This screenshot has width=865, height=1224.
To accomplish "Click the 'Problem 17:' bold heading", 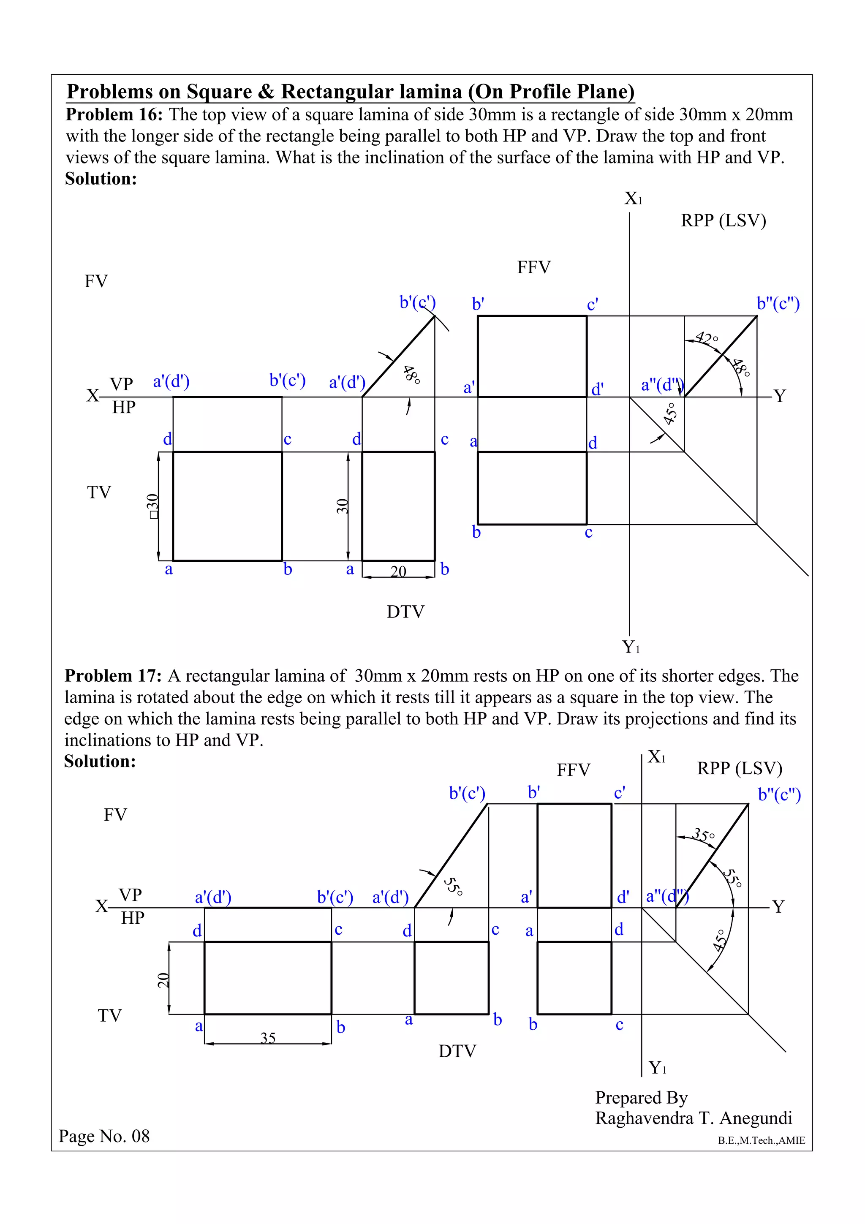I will coord(113,676).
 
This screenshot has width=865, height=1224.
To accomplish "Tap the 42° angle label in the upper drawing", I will coord(707,338).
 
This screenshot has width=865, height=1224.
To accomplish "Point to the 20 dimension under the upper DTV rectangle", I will coord(398,571).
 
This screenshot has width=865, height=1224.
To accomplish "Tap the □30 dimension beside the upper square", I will coord(153,506).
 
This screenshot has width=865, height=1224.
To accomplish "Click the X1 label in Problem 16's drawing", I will coord(633,199).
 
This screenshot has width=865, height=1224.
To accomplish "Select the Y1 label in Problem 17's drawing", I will coord(657,1068).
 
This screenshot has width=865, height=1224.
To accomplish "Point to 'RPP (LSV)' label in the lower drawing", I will coord(739,768).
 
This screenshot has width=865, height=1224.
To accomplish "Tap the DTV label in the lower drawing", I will coord(457,1051).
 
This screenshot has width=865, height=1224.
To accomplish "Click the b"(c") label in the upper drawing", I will coord(778,304).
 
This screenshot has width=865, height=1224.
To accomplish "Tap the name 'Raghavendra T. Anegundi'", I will coord(694,1118).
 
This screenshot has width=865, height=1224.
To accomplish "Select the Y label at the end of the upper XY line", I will coord(779,396).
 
